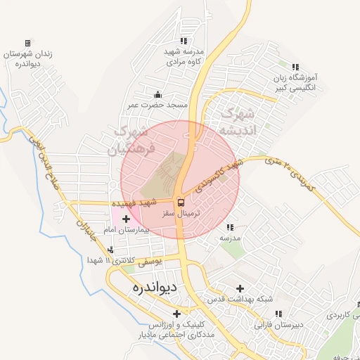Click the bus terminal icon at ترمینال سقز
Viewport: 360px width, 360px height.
coord(180,202)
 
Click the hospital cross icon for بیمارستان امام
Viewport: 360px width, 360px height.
coord(127,219)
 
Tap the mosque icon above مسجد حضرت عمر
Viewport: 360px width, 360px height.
coord(157,95)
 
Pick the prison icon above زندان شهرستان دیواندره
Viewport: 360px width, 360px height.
coord(27,43)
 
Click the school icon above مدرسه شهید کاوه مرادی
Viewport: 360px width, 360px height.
coord(184,41)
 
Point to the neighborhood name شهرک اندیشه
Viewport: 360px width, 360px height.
coord(238,121)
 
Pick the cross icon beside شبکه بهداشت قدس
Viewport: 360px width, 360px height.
coord(240,288)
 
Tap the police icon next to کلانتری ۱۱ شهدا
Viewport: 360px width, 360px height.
coord(110,250)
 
